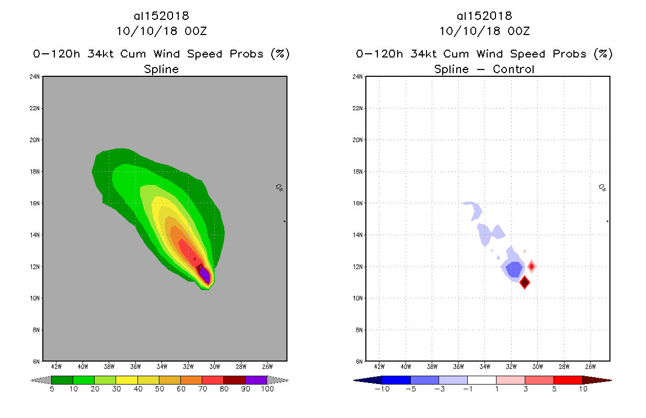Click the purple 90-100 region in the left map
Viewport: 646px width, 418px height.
pos(205,275)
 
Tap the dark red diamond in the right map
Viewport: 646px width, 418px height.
pos(524,282)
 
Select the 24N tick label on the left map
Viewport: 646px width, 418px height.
pos(36,77)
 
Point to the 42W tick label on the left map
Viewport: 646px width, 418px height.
pos(56,366)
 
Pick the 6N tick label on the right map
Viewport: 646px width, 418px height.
pos(359,362)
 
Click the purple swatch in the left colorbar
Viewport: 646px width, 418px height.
pos(256,380)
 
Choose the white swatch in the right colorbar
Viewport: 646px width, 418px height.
pos(481,380)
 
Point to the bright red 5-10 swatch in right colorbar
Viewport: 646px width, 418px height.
pos(567,380)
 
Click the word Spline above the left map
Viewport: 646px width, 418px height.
pos(161,69)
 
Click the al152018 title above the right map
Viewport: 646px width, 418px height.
pos(484,16)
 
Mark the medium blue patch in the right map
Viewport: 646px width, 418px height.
pos(514,270)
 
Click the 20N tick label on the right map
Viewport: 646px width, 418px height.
pos(358,140)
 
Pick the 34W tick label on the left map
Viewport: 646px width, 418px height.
pos(161,366)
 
